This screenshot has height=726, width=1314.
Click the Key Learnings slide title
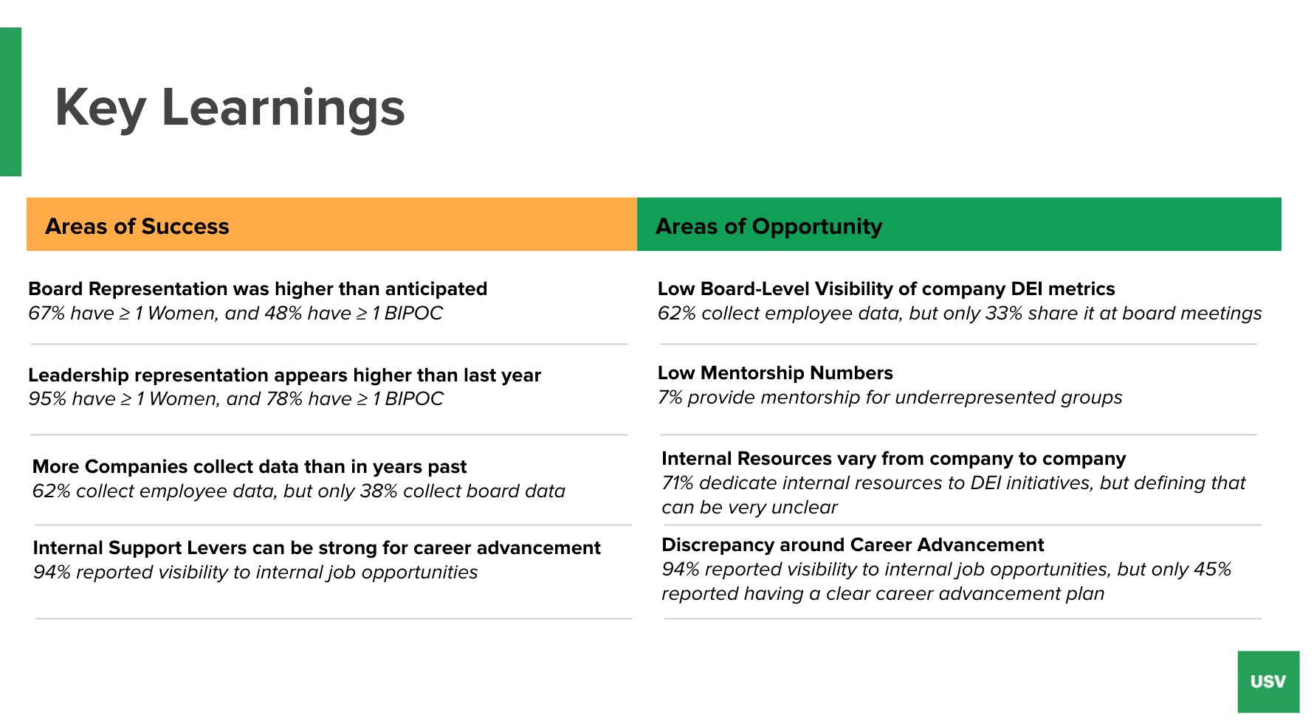pos(230,108)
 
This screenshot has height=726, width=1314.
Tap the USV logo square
pos(1267,681)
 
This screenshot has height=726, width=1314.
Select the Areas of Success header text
pos(137,226)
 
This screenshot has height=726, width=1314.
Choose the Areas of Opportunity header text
pos(768,226)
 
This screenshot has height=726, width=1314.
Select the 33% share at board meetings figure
pos(1003,313)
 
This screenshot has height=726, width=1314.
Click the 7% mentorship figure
pos(670,397)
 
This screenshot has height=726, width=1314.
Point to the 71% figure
pos(678,483)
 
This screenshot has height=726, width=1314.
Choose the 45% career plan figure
pos(1212,569)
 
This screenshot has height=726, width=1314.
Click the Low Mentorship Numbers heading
pos(775,373)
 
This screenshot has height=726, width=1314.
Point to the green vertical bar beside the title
pos(10,102)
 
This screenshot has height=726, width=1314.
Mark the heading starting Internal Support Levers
pos(317,547)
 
